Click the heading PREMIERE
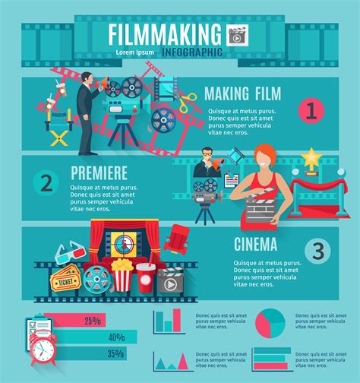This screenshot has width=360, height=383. pyautogui.click(x=99, y=172)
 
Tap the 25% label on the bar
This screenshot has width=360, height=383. pyautogui.click(x=93, y=321)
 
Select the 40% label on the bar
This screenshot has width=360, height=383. pyautogui.click(x=116, y=337)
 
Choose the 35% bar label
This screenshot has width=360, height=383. pyautogui.click(x=115, y=353)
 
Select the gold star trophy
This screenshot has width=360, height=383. pyautogui.click(x=310, y=160)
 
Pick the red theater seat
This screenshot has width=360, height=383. pyautogui.click(x=179, y=237)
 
